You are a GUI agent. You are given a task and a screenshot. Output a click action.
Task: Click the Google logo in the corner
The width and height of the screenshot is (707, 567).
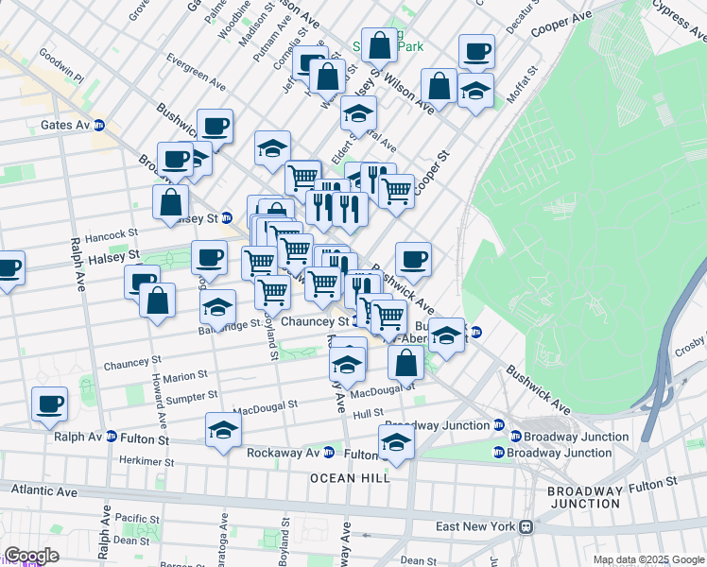(x=31, y=557)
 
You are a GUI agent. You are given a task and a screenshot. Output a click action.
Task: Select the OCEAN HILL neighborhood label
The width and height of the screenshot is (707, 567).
(x=351, y=478)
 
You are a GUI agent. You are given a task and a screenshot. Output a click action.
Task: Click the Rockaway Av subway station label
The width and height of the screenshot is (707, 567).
(x=284, y=453)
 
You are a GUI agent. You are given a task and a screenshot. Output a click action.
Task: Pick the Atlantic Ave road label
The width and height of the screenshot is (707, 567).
(x=43, y=491)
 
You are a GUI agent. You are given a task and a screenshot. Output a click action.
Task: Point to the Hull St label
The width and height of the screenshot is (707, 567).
(x=369, y=413)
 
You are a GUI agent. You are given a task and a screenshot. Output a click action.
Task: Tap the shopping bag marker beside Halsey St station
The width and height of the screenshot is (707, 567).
(x=171, y=202)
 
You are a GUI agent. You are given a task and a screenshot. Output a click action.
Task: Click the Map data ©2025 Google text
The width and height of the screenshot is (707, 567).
(x=647, y=559)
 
